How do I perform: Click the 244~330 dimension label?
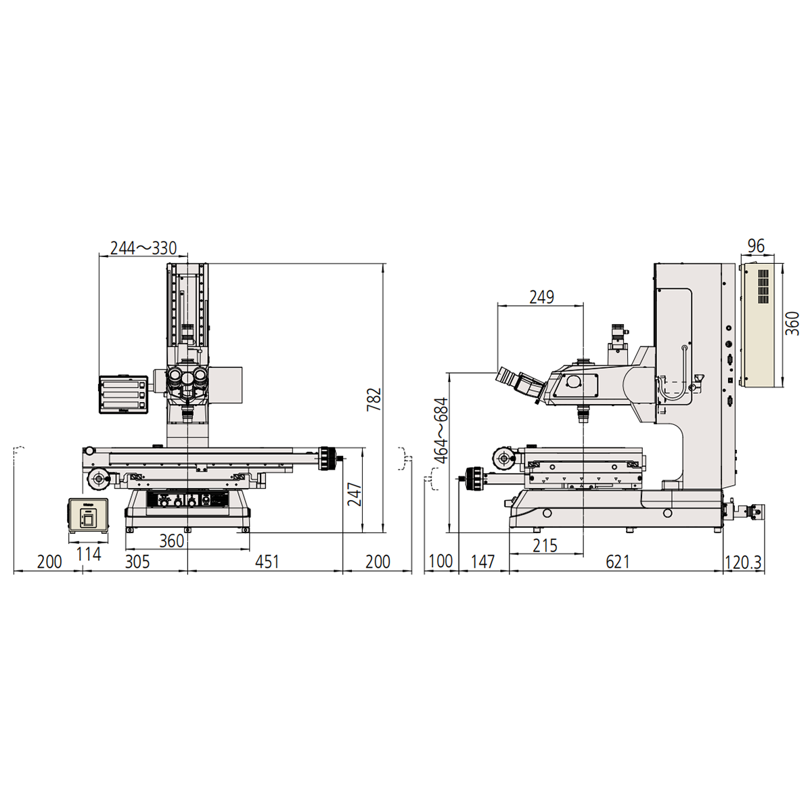143,248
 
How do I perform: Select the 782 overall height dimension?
374,399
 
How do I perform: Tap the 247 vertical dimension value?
355,494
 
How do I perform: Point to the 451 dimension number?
267,562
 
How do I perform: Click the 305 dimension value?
137,562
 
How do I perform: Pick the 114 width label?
89,555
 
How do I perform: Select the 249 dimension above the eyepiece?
541,298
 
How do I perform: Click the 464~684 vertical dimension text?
442,430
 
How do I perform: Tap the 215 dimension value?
545,545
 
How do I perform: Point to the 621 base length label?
617,562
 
